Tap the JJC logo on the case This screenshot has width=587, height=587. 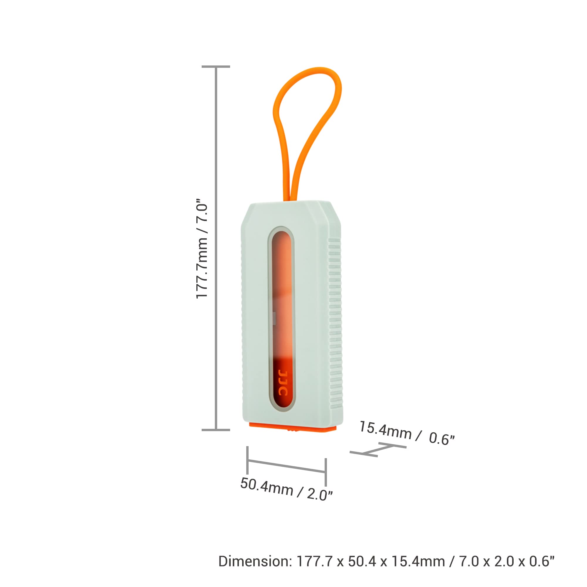(x=283, y=383)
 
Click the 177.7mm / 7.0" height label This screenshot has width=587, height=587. (x=202, y=249)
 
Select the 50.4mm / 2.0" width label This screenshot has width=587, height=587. (x=286, y=489)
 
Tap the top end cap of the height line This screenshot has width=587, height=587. (x=216, y=67)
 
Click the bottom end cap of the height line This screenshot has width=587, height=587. (x=216, y=430)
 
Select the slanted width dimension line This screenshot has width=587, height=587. (x=286, y=466)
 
